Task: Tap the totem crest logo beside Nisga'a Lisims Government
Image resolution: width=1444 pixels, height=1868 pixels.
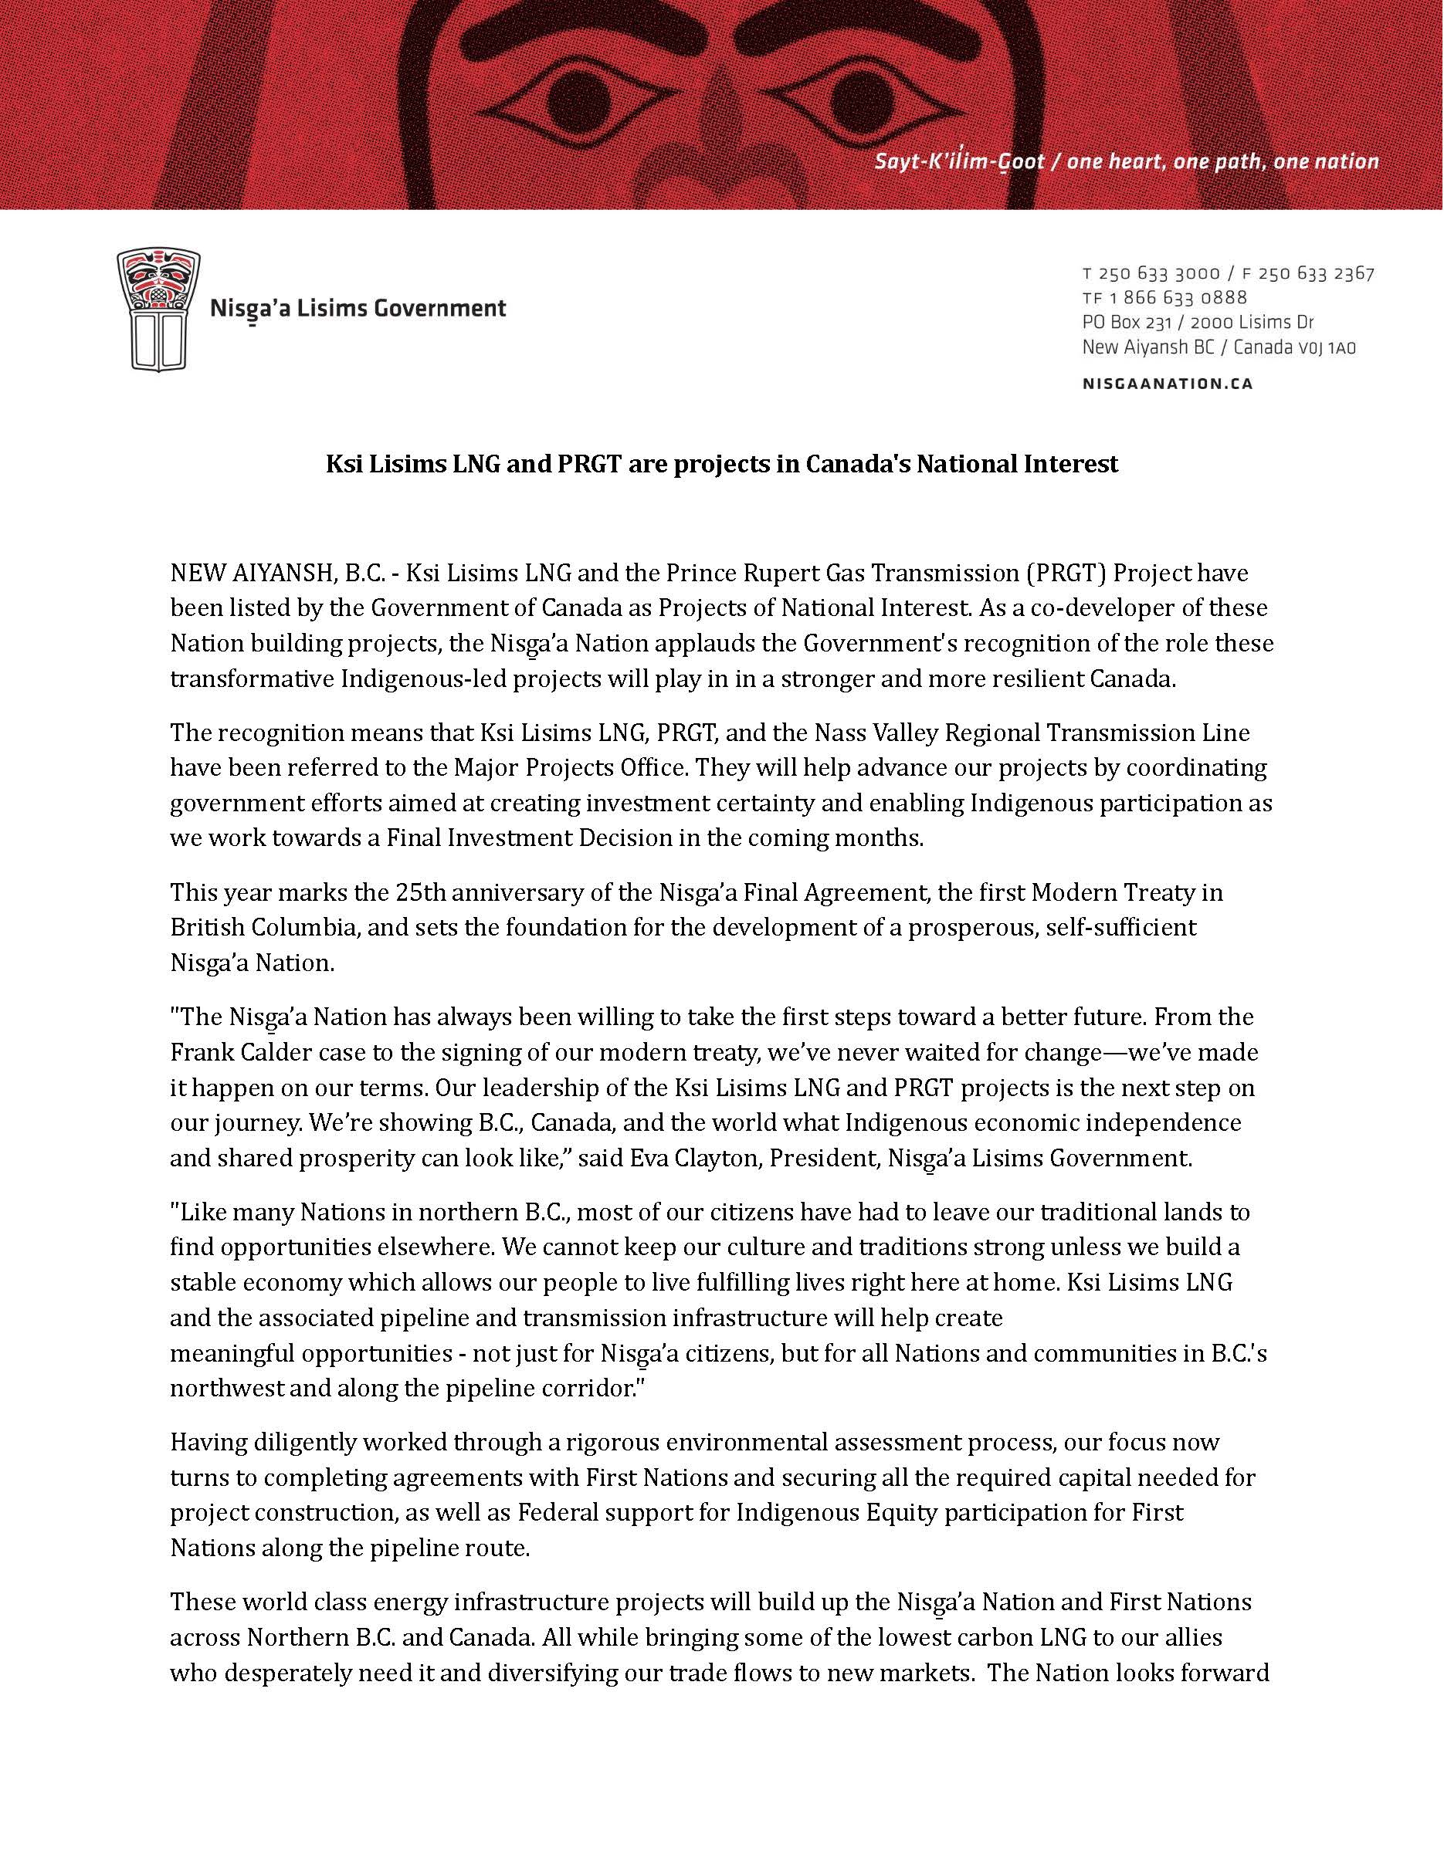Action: click(x=158, y=310)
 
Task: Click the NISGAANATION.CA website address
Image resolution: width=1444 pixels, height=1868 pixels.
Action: click(x=1167, y=384)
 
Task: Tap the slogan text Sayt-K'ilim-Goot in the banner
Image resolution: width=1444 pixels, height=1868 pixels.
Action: click(x=959, y=161)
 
